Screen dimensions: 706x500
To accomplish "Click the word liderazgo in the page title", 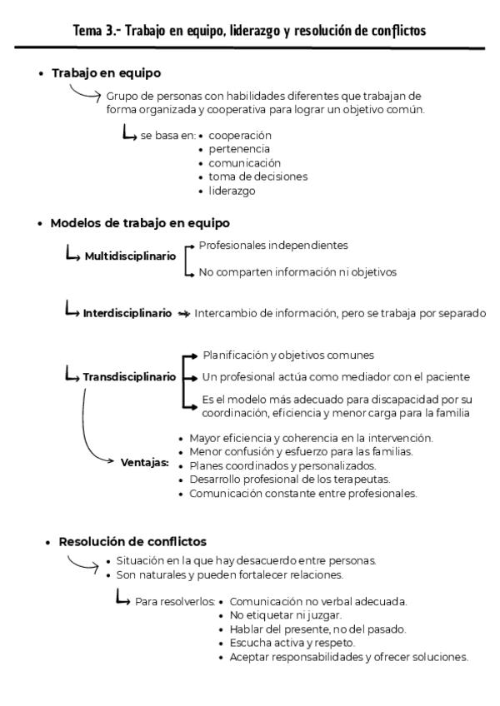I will click(252, 31).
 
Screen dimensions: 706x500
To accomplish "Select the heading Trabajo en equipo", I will click(106, 74).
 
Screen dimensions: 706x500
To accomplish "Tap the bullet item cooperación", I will click(240, 135).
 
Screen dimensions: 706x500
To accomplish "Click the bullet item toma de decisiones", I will click(258, 176).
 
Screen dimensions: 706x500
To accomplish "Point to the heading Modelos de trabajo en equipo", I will click(140, 223).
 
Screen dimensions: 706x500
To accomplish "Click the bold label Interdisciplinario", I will click(127, 314).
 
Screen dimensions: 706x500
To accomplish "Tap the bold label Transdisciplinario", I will click(129, 377).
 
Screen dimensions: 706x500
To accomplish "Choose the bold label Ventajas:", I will click(145, 461).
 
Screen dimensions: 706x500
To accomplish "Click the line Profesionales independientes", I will click(273, 246).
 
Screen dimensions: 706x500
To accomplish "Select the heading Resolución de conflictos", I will click(132, 542).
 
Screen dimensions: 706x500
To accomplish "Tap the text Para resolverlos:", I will click(175, 601).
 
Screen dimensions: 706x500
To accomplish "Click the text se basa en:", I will click(168, 135).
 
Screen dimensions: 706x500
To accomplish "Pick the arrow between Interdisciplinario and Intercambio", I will click(183, 314).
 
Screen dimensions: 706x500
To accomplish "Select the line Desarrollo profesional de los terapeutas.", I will click(288, 480).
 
